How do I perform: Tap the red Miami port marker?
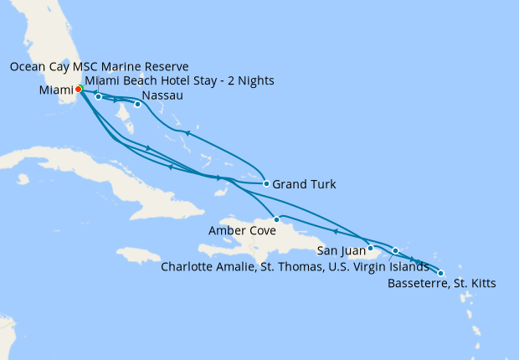(x=78, y=89)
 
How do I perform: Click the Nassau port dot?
(x=137, y=105)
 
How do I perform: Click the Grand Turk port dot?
(x=266, y=183)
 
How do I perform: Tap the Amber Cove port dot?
(x=276, y=219)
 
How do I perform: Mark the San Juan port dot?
(x=370, y=248)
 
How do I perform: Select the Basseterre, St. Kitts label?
(x=442, y=284)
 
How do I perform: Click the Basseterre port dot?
(x=441, y=272)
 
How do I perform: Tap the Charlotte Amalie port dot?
(x=396, y=250)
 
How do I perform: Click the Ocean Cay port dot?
(x=99, y=97)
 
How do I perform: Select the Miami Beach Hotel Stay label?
(x=179, y=80)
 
